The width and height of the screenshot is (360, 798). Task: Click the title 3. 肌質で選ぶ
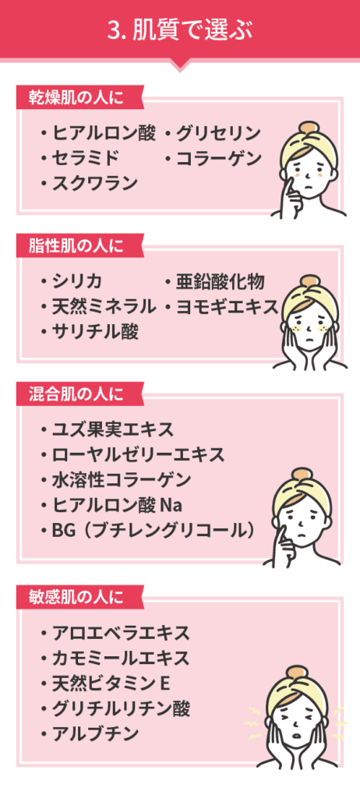[x=180, y=30]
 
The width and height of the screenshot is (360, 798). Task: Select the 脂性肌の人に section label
[x=76, y=246]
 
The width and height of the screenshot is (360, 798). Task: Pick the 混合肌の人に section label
[x=76, y=394]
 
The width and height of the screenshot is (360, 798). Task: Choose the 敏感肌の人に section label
[x=76, y=596]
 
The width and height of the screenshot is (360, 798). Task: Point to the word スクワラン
[x=95, y=183]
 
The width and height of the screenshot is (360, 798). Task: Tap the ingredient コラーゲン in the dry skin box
[x=218, y=159]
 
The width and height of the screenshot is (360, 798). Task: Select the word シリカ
[x=78, y=281]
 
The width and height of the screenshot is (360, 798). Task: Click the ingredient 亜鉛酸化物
[x=221, y=281]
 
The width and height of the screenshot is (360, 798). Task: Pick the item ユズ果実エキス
[x=113, y=429]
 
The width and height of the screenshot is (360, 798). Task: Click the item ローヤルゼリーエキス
[x=138, y=454]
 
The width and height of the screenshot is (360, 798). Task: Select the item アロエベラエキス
[x=122, y=633]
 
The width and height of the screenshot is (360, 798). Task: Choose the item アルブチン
[x=96, y=733]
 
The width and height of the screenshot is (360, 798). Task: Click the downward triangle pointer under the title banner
[x=180, y=65]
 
